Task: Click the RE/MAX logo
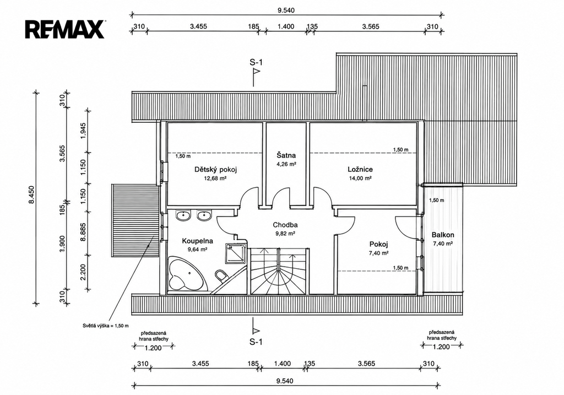[x=65, y=29]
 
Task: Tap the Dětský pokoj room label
[x=215, y=170]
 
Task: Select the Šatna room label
[x=286, y=155]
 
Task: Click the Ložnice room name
[x=360, y=170]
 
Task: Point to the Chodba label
[x=285, y=225]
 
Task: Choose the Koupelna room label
[x=198, y=241]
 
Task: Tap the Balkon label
[x=443, y=235]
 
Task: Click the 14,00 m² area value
[x=360, y=178]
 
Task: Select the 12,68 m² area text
[x=215, y=178]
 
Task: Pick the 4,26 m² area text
[x=286, y=164]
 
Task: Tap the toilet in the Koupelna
[x=220, y=275]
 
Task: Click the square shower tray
[x=236, y=254]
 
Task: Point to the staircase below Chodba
[x=278, y=270]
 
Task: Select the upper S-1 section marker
[x=256, y=72]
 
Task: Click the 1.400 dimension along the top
[x=286, y=26]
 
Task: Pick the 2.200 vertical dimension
[x=83, y=273]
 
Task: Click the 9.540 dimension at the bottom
[x=285, y=381]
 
